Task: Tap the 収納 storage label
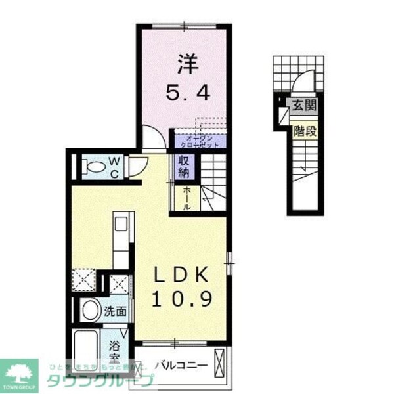click(x=182, y=166)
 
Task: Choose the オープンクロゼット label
click(x=198, y=141)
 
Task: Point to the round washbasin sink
click(x=90, y=311)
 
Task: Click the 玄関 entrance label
click(x=304, y=104)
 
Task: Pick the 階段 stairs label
click(x=305, y=131)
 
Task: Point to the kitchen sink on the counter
click(x=121, y=224)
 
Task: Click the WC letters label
click(x=114, y=165)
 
